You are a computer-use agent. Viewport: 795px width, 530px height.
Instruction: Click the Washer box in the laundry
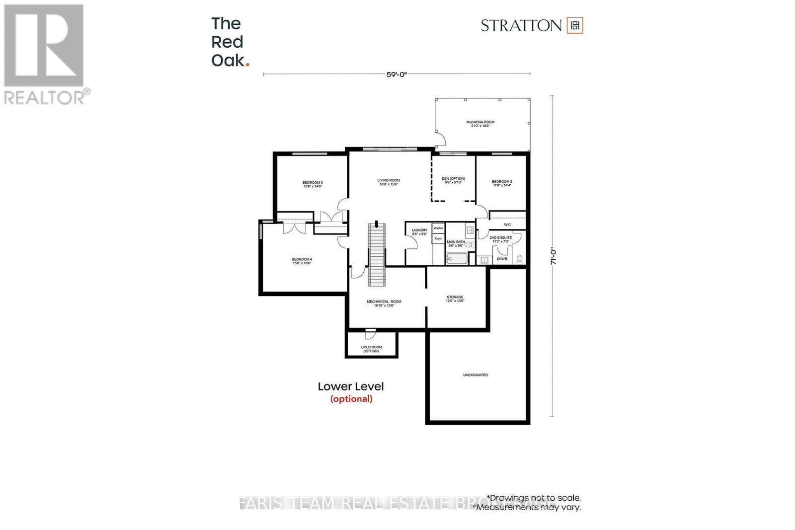tap(438, 228)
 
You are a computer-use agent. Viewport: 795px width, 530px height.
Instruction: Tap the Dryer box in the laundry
tap(438, 239)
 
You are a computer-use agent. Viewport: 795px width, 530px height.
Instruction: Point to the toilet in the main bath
tap(468, 244)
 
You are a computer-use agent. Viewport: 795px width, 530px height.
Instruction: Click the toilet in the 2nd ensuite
tap(520, 259)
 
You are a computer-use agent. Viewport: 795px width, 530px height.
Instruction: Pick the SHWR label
tap(502, 259)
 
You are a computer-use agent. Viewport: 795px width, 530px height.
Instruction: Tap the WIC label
tap(507, 225)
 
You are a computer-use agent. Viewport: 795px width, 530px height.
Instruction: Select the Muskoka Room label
tap(480, 122)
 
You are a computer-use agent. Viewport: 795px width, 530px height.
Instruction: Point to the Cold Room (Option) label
tap(371, 349)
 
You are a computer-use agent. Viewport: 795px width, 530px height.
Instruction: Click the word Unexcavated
tap(475, 375)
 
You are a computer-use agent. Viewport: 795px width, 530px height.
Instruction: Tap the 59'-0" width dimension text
tap(397, 75)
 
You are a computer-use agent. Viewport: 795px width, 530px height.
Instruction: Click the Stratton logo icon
tap(575, 25)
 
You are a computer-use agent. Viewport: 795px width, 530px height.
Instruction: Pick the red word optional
tap(351, 398)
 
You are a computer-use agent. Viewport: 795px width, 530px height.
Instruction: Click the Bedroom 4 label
tap(302, 259)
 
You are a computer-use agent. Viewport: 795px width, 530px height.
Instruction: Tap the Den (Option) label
tap(453, 179)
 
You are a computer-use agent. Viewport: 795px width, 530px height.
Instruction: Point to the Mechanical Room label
tap(384, 302)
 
